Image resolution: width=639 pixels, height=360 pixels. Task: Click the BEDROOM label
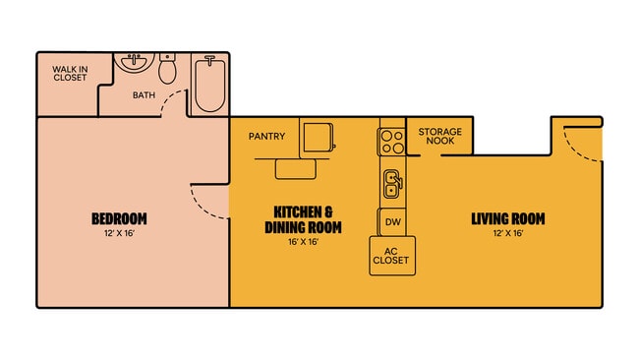(x=119, y=218)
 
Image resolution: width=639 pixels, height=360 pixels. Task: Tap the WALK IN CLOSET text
(x=71, y=73)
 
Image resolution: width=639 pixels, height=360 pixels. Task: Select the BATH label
(x=145, y=95)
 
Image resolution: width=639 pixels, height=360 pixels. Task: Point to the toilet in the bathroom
(x=167, y=69)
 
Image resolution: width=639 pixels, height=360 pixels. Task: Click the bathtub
(x=208, y=84)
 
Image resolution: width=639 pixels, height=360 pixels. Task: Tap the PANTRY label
(x=267, y=136)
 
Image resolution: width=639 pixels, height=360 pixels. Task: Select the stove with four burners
(x=392, y=142)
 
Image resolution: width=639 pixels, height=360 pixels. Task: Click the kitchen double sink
(x=391, y=182)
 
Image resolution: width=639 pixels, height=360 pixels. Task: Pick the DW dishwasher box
(x=391, y=222)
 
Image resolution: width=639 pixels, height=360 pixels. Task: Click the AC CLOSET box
(x=390, y=256)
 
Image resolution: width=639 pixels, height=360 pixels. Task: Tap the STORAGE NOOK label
(x=440, y=138)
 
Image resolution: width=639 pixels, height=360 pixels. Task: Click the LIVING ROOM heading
(x=507, y=218)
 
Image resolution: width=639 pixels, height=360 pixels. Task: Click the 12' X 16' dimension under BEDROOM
(x=119, y=233)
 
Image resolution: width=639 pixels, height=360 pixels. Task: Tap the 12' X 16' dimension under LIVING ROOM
(x=507, y=233)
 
